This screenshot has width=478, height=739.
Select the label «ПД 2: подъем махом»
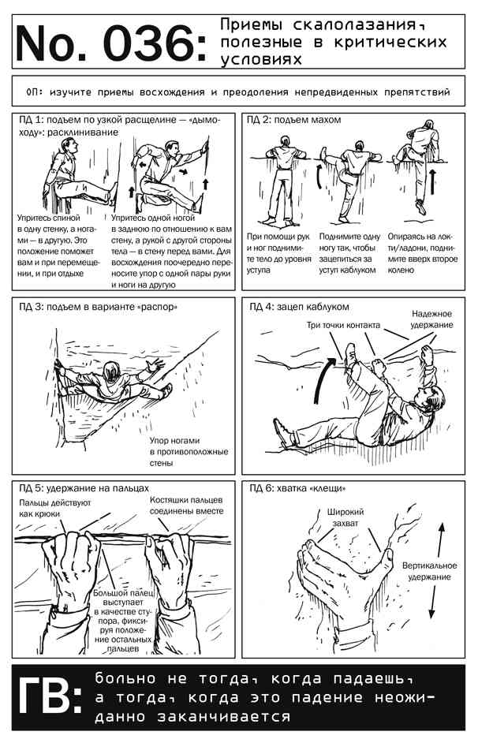coord(298,120)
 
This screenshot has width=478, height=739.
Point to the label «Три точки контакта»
coord(344,324)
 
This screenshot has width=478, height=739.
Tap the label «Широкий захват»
coord(345,517)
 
